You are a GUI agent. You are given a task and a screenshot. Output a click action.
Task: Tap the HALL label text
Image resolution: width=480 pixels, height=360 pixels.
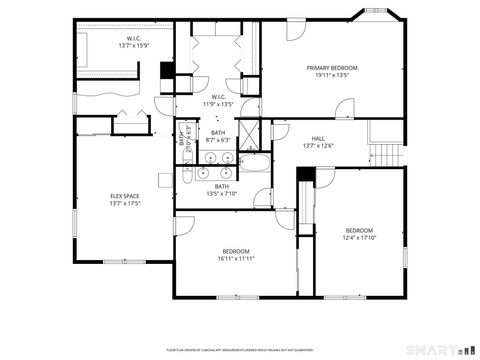point(318,139)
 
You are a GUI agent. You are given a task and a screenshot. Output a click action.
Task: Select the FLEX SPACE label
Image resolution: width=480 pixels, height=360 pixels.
point(124,196)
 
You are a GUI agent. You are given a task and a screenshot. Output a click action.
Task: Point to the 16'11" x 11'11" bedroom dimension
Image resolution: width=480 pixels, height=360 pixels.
point(236,258)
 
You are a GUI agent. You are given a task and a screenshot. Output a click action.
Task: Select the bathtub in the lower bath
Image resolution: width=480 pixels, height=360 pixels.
point(256,165)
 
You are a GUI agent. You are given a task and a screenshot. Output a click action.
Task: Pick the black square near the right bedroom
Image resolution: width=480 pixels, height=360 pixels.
point(306,174)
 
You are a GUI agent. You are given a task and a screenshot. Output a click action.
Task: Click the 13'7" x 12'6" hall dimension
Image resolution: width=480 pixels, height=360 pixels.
point(318,146)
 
